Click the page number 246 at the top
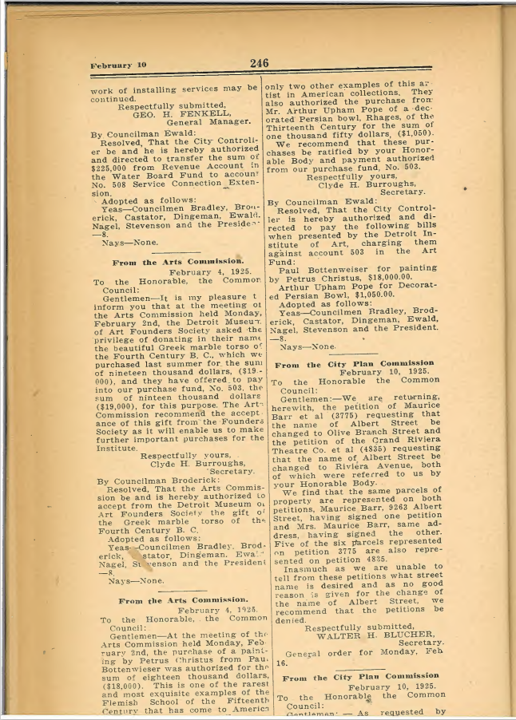[x=259, y=63]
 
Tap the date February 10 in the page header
[x=118, y=65]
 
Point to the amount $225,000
[x=112, y=168]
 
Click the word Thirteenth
[x=296, y=126]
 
